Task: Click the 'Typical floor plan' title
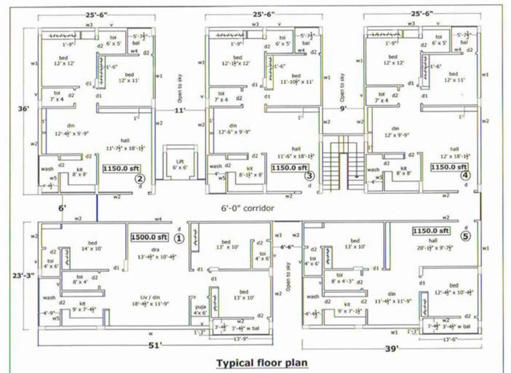tap(262, 363)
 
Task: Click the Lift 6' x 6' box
tap(176, 163)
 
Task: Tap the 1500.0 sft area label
tap(149, 237)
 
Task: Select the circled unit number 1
tap(179, 238)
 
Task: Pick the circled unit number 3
tap(310, 176)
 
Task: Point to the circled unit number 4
tap(465, 175)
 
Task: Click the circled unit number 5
tap(466, 237)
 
